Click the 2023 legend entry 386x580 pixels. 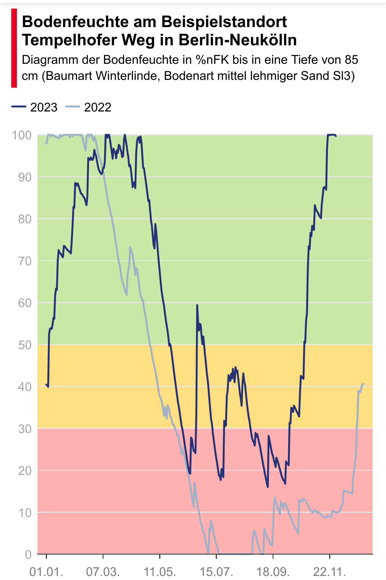tap(35, 107)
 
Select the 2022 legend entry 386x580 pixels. tap(88, 107)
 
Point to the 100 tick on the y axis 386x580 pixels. tap(21, 135)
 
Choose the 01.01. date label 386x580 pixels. tap(46, 572)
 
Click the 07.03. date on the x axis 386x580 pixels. tap(103, 572)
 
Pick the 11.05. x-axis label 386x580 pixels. tap(160, 572)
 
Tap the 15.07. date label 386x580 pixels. tap(216, 572)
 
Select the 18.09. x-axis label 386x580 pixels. tap(273, 572)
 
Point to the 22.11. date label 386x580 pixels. tap(330, 572)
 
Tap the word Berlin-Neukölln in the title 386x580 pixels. tap(237, 40)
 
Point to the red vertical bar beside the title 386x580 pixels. tap(14, 48)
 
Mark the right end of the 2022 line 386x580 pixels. tap(363, 384)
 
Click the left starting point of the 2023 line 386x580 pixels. tap(46, 385)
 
